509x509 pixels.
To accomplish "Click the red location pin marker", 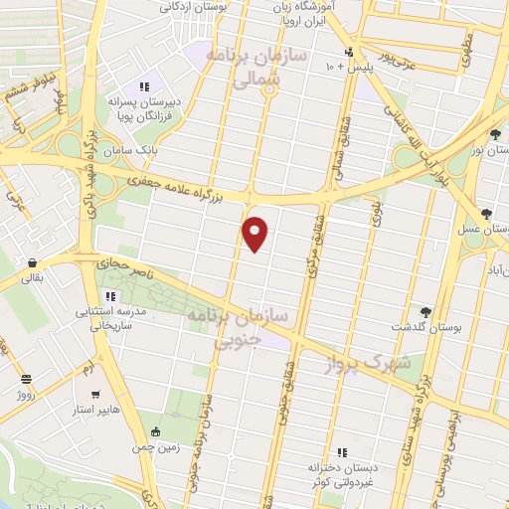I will (255, 234).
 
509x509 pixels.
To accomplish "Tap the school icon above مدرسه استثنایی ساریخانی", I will (111, 295).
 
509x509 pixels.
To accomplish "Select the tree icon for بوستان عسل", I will (486, 214).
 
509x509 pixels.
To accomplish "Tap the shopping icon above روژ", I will (26, 379).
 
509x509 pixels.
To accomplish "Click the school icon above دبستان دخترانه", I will (341, 451).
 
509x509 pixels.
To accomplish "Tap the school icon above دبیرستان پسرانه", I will (144, 85).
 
